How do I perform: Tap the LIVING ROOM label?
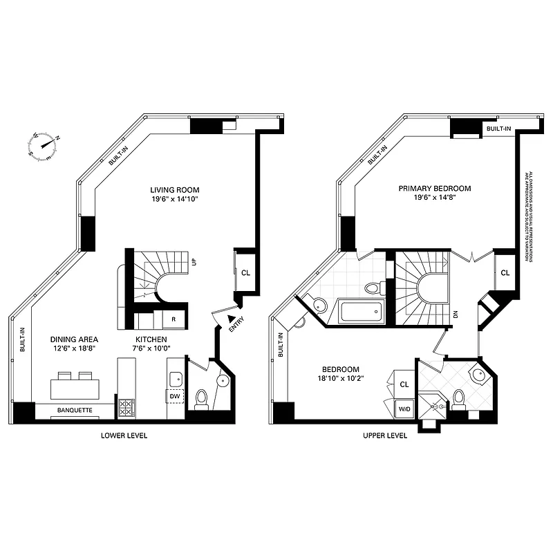point(176,189)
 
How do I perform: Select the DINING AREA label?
point(74,339)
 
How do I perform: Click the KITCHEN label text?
point(149,339)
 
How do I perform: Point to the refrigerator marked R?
point(173,320)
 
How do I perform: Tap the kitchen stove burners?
point(128,408)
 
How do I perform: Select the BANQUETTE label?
point(75,410)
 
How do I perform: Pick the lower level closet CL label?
point(245,272)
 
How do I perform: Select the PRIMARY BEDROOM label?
point(435,188)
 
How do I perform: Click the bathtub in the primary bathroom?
point(360,312)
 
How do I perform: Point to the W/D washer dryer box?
point(403,409)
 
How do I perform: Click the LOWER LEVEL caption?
point(124,436)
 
